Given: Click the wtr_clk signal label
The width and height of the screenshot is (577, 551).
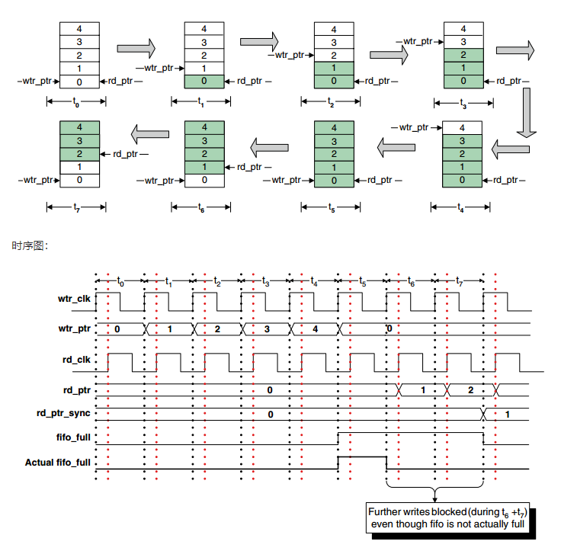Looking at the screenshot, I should tap(74, 299).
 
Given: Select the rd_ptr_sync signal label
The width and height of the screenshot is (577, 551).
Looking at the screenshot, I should tap(63, 413).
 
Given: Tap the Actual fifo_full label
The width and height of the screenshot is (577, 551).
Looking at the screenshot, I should tap(58, 462).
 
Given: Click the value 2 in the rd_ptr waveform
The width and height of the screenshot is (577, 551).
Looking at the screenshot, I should tap(470, 389).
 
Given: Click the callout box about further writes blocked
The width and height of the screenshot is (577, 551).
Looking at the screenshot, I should tap(447, 517).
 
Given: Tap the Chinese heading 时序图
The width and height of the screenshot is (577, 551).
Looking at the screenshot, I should tap(30, 245).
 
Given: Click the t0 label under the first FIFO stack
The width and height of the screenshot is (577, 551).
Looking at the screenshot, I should tap(76, 102).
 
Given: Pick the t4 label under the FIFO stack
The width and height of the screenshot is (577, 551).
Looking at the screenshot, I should tap(460, 207).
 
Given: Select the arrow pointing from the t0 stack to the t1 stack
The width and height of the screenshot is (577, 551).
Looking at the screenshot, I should tap(136, 48).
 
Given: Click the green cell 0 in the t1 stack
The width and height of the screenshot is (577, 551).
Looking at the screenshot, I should tap(204, 81).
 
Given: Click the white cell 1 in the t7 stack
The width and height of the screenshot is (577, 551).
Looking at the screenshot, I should tap(79, 167).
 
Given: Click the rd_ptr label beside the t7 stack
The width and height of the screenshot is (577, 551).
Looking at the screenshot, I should tap(128, 154).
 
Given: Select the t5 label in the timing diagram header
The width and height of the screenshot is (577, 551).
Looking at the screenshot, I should tap(363, 282).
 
